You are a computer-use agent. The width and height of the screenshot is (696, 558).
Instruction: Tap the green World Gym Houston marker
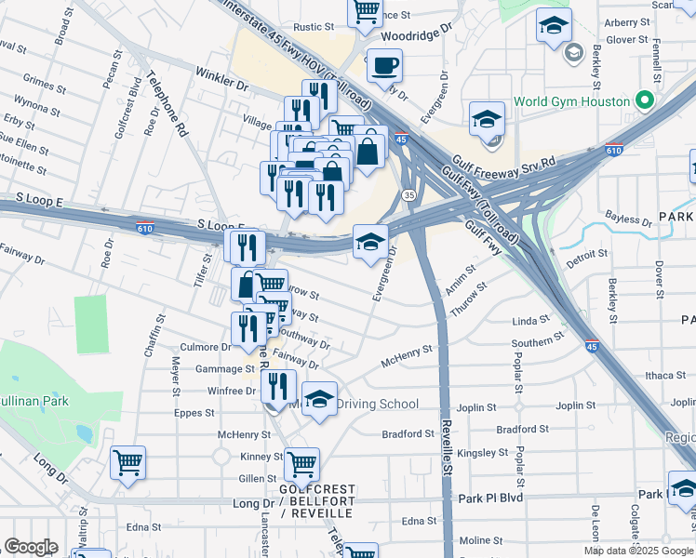(x=643, y=100)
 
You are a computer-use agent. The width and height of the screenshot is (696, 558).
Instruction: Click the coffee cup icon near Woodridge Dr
(x=384, y=67)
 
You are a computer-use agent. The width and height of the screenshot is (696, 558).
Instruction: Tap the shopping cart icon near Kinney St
(x=302, y=464)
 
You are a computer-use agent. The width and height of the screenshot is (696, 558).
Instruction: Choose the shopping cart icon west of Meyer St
(x=127, y=462)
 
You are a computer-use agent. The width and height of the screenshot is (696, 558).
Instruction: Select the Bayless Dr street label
(x=628, y=220)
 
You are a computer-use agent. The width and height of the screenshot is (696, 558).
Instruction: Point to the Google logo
(x=31, y=547)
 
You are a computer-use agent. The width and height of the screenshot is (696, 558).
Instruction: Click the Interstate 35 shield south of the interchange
(x=408, y=194)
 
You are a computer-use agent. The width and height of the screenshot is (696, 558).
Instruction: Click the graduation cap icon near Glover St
(x=553, y=26)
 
